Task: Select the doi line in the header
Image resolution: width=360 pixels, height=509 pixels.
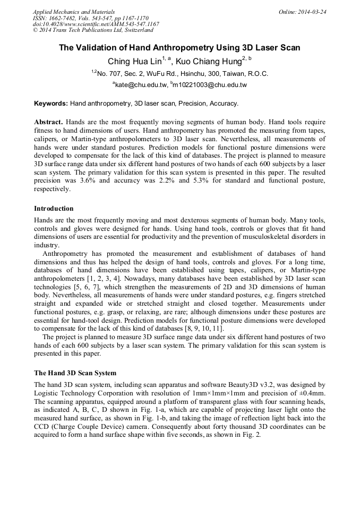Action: [96, 24]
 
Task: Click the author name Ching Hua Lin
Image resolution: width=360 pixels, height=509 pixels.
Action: [134, 62]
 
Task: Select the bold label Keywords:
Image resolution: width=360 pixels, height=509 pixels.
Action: [51, 103]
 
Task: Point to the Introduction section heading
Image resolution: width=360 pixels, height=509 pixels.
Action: [54, 209]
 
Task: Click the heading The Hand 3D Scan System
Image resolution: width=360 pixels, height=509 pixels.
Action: [75, 373]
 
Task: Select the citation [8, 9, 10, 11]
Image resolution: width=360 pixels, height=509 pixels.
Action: [205, 329]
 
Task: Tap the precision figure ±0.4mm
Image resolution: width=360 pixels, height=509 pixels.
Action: [310, 393]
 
